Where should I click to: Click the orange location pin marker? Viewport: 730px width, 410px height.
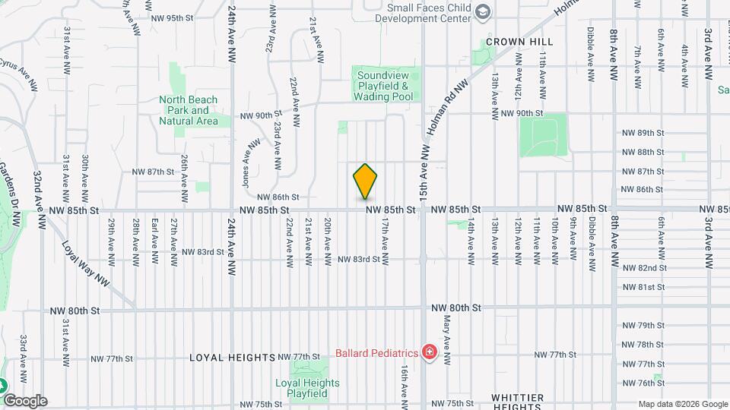pos(366,181)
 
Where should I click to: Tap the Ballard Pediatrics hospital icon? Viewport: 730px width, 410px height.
pos(430,353)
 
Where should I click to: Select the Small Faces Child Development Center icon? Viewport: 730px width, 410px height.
pos(482,11)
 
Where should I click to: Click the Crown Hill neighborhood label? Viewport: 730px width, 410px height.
pos(519,41)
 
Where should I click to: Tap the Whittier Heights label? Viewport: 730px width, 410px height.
pos(516,402)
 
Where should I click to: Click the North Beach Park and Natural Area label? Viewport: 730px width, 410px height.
pos(189,110)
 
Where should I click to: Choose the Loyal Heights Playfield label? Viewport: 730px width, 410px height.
pos(301,389)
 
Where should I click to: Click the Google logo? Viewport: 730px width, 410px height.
pos(25,401)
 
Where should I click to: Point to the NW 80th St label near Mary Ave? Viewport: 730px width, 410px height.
pos(456,307)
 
